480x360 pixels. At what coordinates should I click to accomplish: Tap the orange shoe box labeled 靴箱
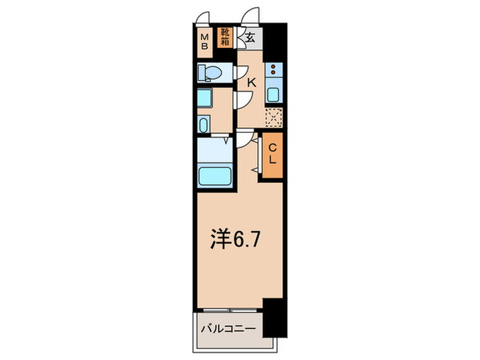click(224, 36)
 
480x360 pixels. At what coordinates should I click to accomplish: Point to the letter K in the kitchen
click(251, 82)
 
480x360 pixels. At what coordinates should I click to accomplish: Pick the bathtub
click(215, 175)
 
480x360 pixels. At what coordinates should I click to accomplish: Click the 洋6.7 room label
click(235, 241)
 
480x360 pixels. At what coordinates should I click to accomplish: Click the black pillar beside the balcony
click(274, 316)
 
